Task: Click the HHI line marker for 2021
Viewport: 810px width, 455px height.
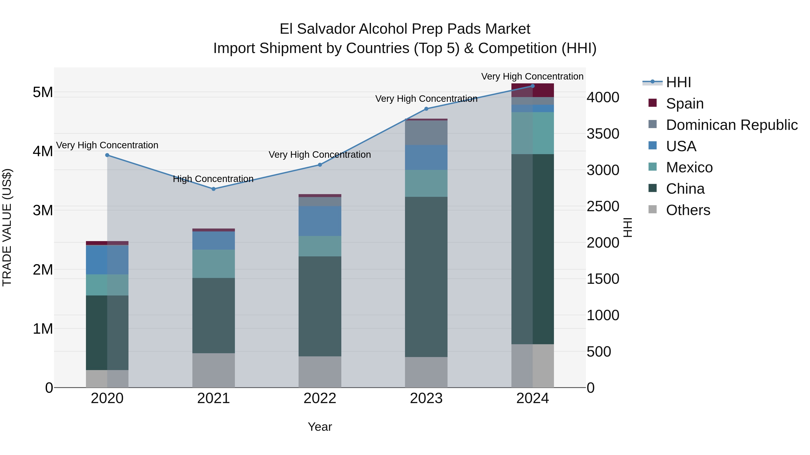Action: (214, 189)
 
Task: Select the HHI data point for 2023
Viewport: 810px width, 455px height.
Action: (426, 109)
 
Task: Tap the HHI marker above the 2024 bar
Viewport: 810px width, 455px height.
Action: (533, 86)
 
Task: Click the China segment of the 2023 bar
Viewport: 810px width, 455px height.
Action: (426, 276)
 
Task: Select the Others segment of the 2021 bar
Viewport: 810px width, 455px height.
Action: (214, 370)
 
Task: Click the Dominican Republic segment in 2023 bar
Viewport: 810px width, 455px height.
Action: (426, 133)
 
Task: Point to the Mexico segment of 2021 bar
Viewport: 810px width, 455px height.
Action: (214, 264)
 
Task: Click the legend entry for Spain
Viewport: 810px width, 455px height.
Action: (684, 104)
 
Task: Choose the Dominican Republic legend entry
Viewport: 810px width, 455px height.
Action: (731, 125)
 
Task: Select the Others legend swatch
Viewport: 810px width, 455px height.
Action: (653, 209)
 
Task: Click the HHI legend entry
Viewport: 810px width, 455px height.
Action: (678, 82)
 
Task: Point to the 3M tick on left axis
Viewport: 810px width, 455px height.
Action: (43, 210)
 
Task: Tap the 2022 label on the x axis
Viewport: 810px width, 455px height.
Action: (320, 398)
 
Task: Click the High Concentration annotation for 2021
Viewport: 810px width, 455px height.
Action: (213, 179)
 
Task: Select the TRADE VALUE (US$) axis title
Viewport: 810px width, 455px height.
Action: (7, 227)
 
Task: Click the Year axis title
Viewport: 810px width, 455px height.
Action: (320, 427)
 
